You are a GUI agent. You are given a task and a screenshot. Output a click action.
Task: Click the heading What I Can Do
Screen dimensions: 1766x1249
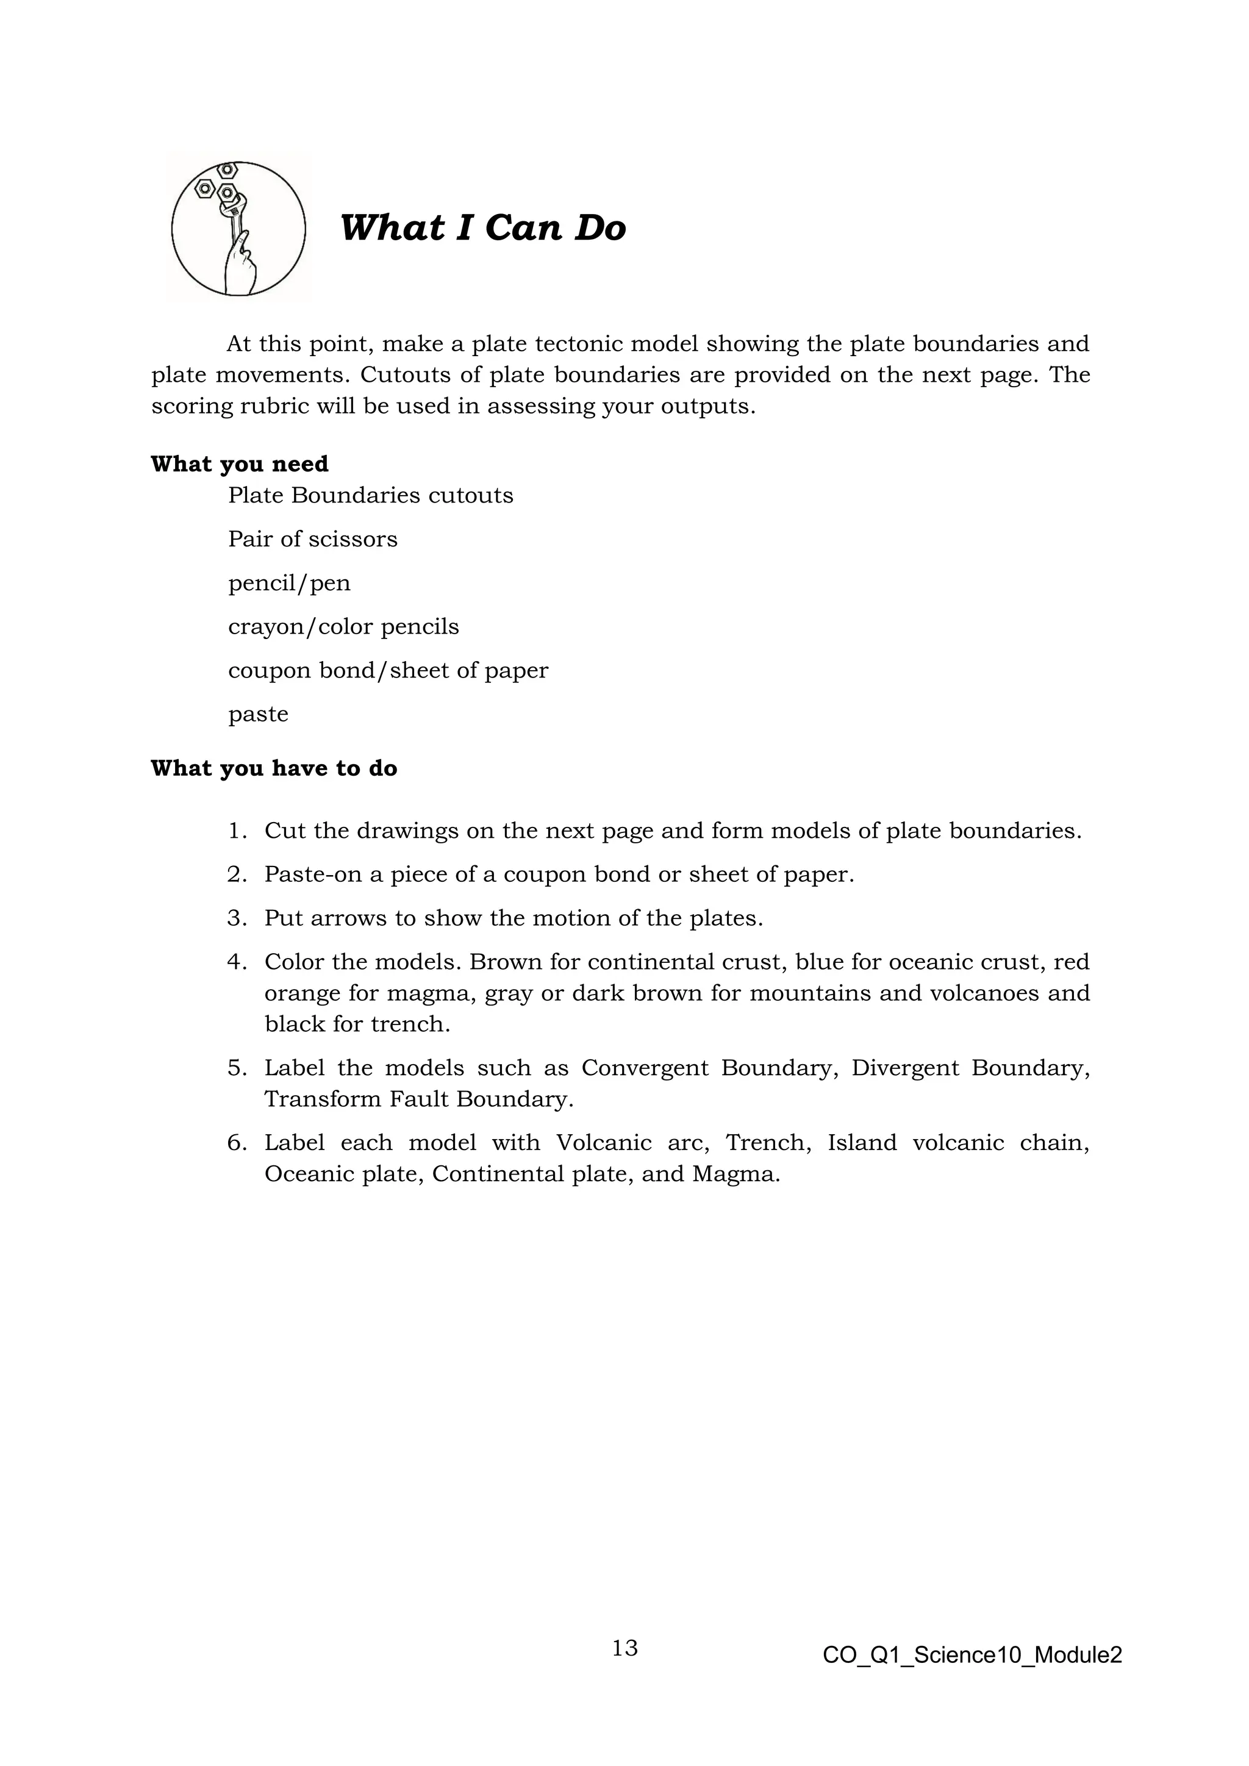coord(483,227)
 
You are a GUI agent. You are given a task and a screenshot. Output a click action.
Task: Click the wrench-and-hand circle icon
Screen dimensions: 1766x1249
coord(238,229)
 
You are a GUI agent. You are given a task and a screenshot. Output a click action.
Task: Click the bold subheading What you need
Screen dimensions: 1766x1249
coord(239,464)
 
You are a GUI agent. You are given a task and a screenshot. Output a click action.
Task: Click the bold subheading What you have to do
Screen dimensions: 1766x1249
coord(274,768)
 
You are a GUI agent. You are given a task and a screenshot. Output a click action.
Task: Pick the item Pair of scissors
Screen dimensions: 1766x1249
coord(312,539)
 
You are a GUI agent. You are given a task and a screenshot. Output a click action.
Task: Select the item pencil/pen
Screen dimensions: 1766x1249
coord(289,583)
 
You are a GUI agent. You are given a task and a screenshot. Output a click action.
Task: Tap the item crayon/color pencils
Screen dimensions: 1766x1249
coord(343,627)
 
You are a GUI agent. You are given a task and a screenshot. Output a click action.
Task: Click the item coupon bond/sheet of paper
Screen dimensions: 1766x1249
coord(388,671)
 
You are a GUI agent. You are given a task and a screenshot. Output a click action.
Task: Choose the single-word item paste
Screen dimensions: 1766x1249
coord(259,715)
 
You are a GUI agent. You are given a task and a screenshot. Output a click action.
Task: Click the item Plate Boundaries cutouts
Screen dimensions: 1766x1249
coord(370,495)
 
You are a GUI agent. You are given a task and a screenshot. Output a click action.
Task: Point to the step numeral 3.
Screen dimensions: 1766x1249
coord(235,918)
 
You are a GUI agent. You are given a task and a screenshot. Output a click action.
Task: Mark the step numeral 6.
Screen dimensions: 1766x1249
coord(235,1143)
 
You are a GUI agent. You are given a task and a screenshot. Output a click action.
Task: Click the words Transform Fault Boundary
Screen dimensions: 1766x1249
coord(418,1099)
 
